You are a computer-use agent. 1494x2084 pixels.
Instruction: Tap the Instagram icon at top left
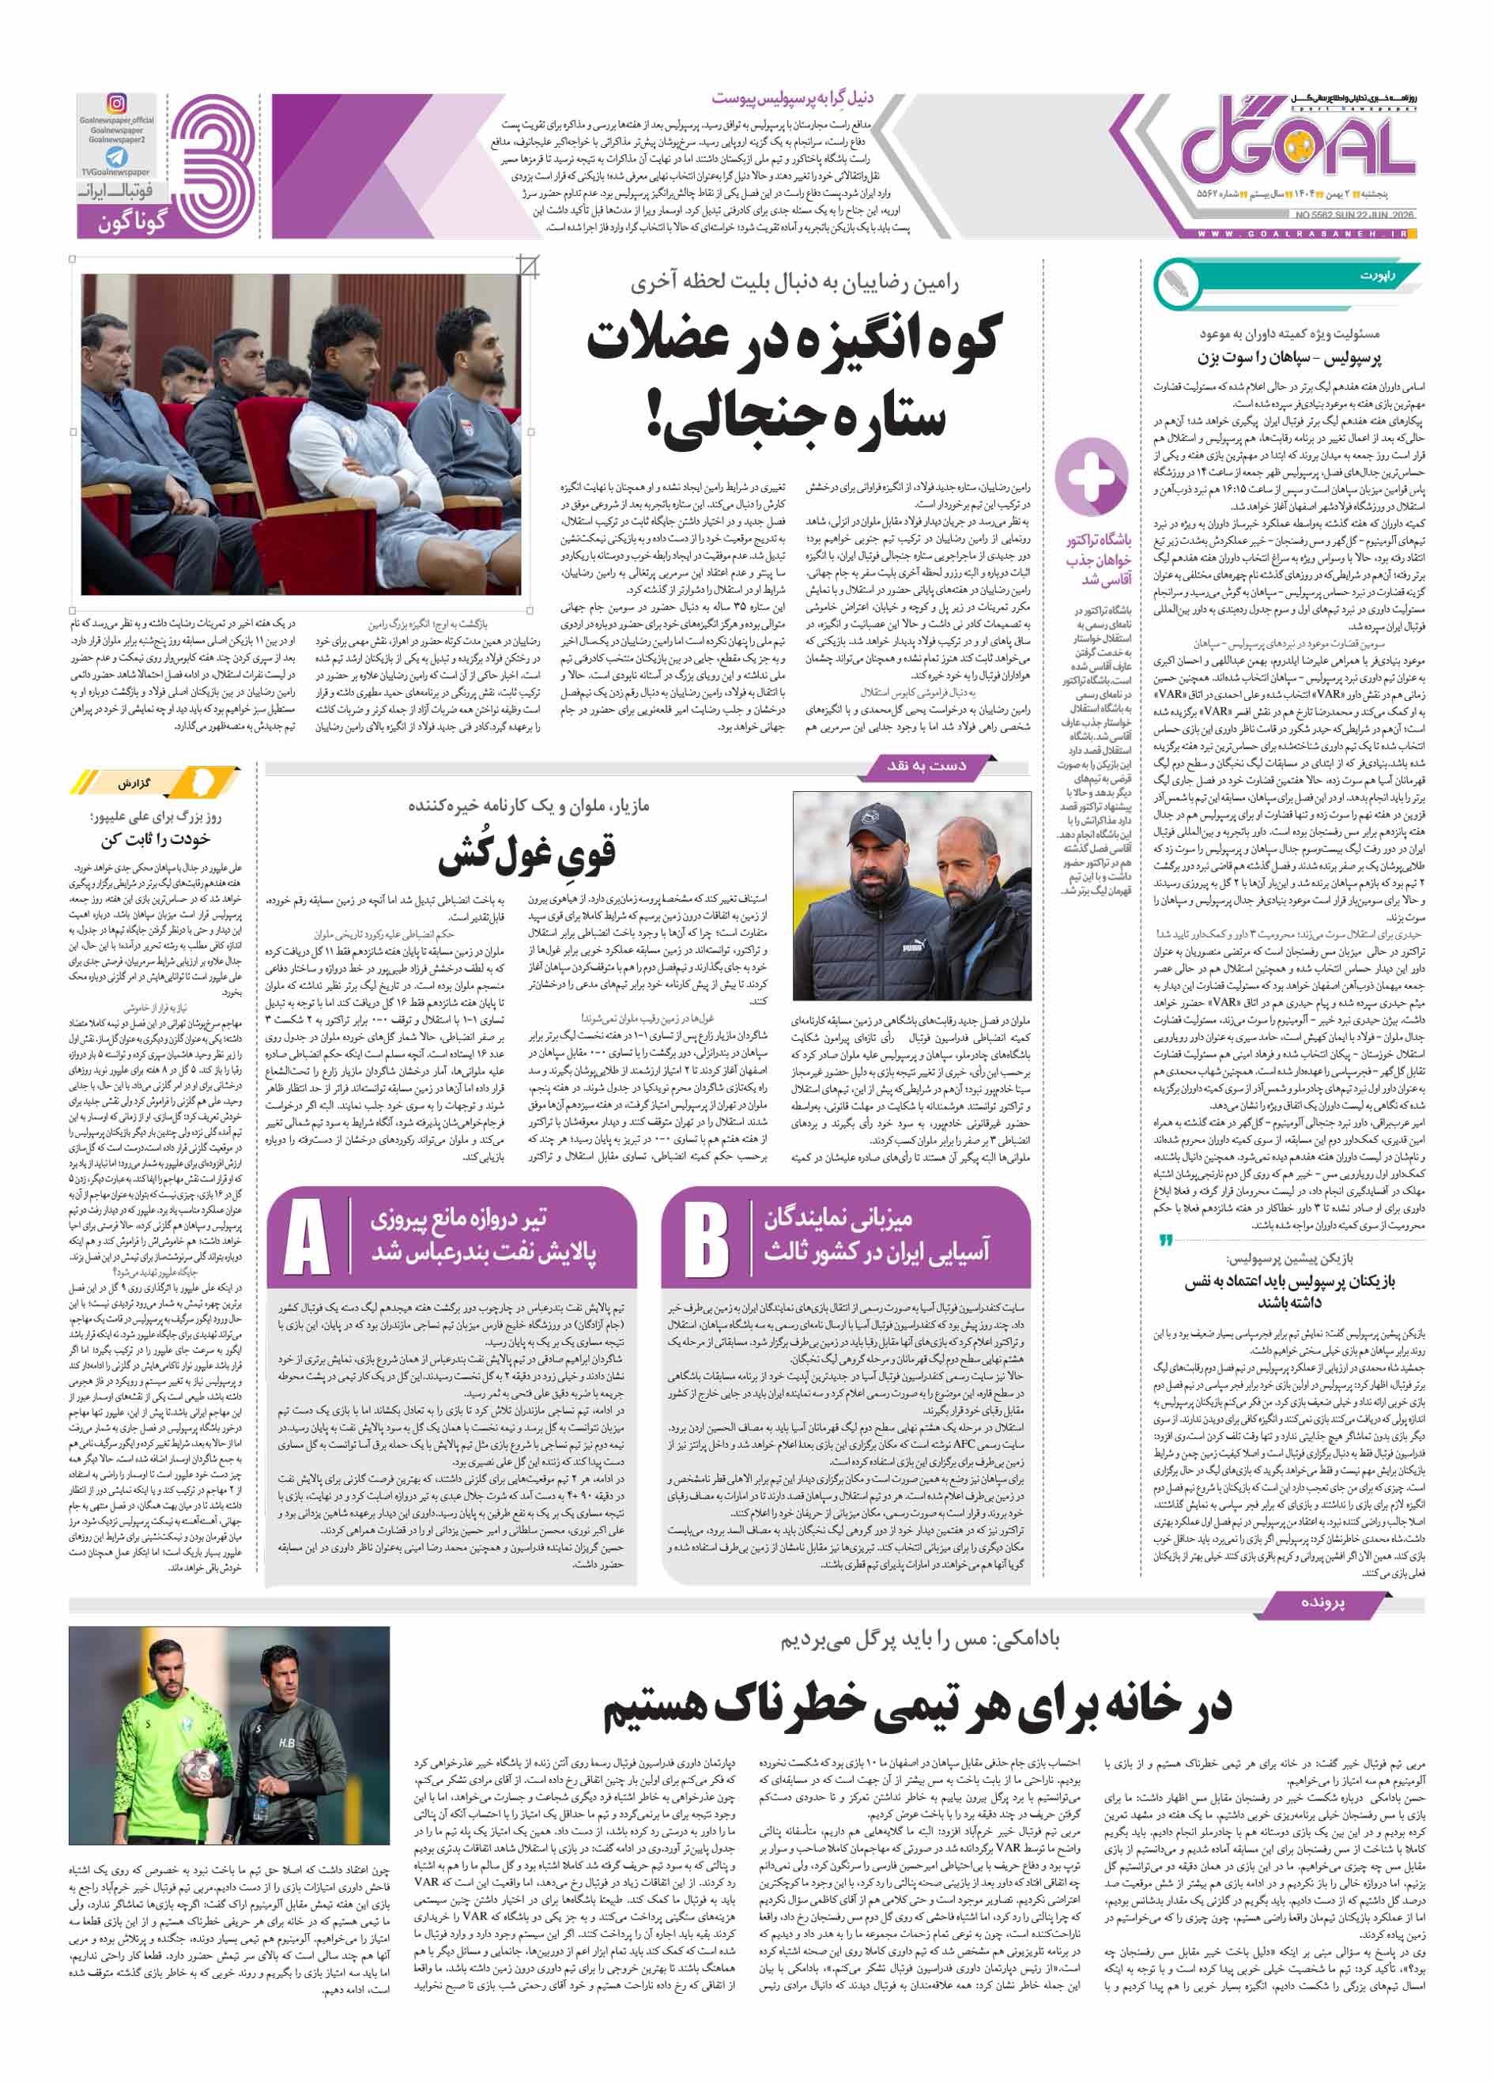(x=118, y=104)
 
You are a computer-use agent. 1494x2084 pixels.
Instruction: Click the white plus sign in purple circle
(x=1091, y=476)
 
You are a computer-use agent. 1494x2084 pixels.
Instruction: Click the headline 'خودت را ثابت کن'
(x=157, y=840)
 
